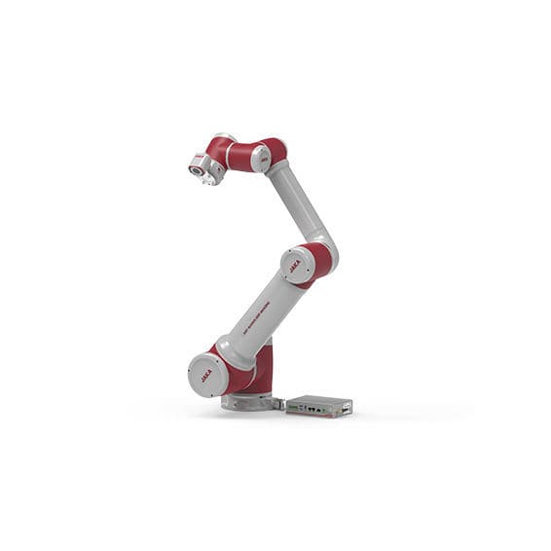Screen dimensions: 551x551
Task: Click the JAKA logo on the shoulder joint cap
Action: pyautogui.click(x=206, y=375)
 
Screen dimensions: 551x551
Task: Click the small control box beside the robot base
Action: pyautogui.click(x=318, y=405)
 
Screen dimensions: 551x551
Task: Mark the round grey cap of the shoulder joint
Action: pyautogui.click(x=207, y=374)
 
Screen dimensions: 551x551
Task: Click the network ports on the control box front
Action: pyautogui.click(x=310, y=409)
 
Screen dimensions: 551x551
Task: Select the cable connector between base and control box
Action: pyautogui.click(x=279, y=402)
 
